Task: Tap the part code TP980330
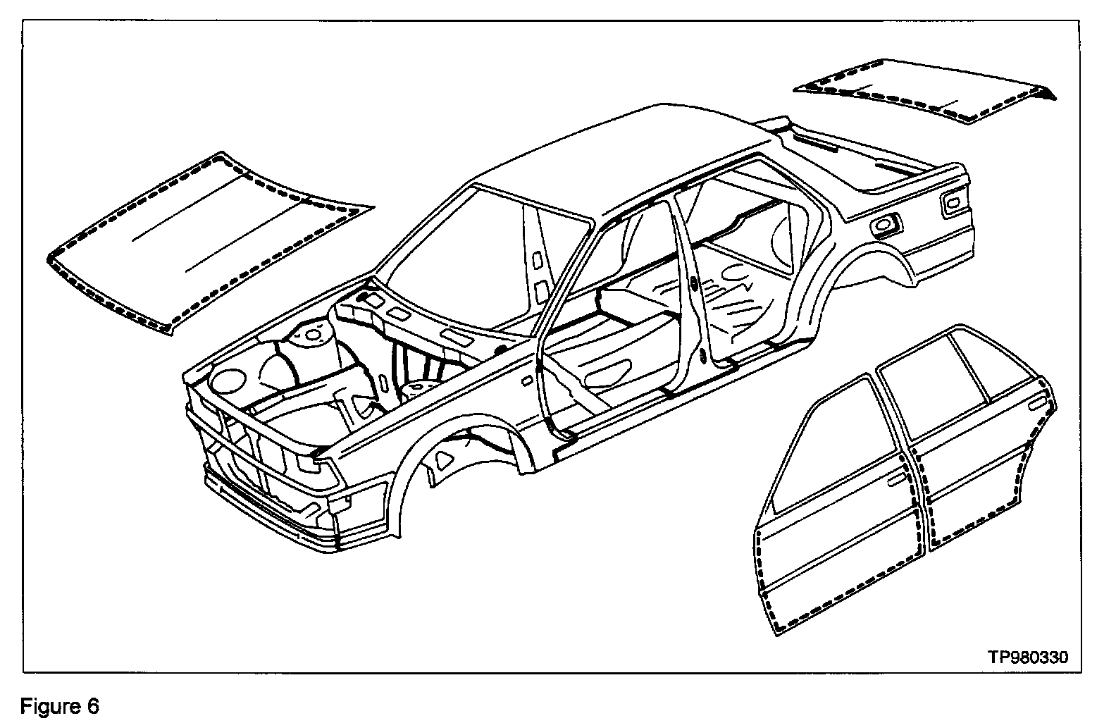pos(1027,657)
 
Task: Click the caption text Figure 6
pos(60,705)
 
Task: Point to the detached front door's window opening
pos(817,444)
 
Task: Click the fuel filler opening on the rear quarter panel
pos(883,224)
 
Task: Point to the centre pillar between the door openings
pos(694,296)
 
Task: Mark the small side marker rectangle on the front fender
pos(527,381)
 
